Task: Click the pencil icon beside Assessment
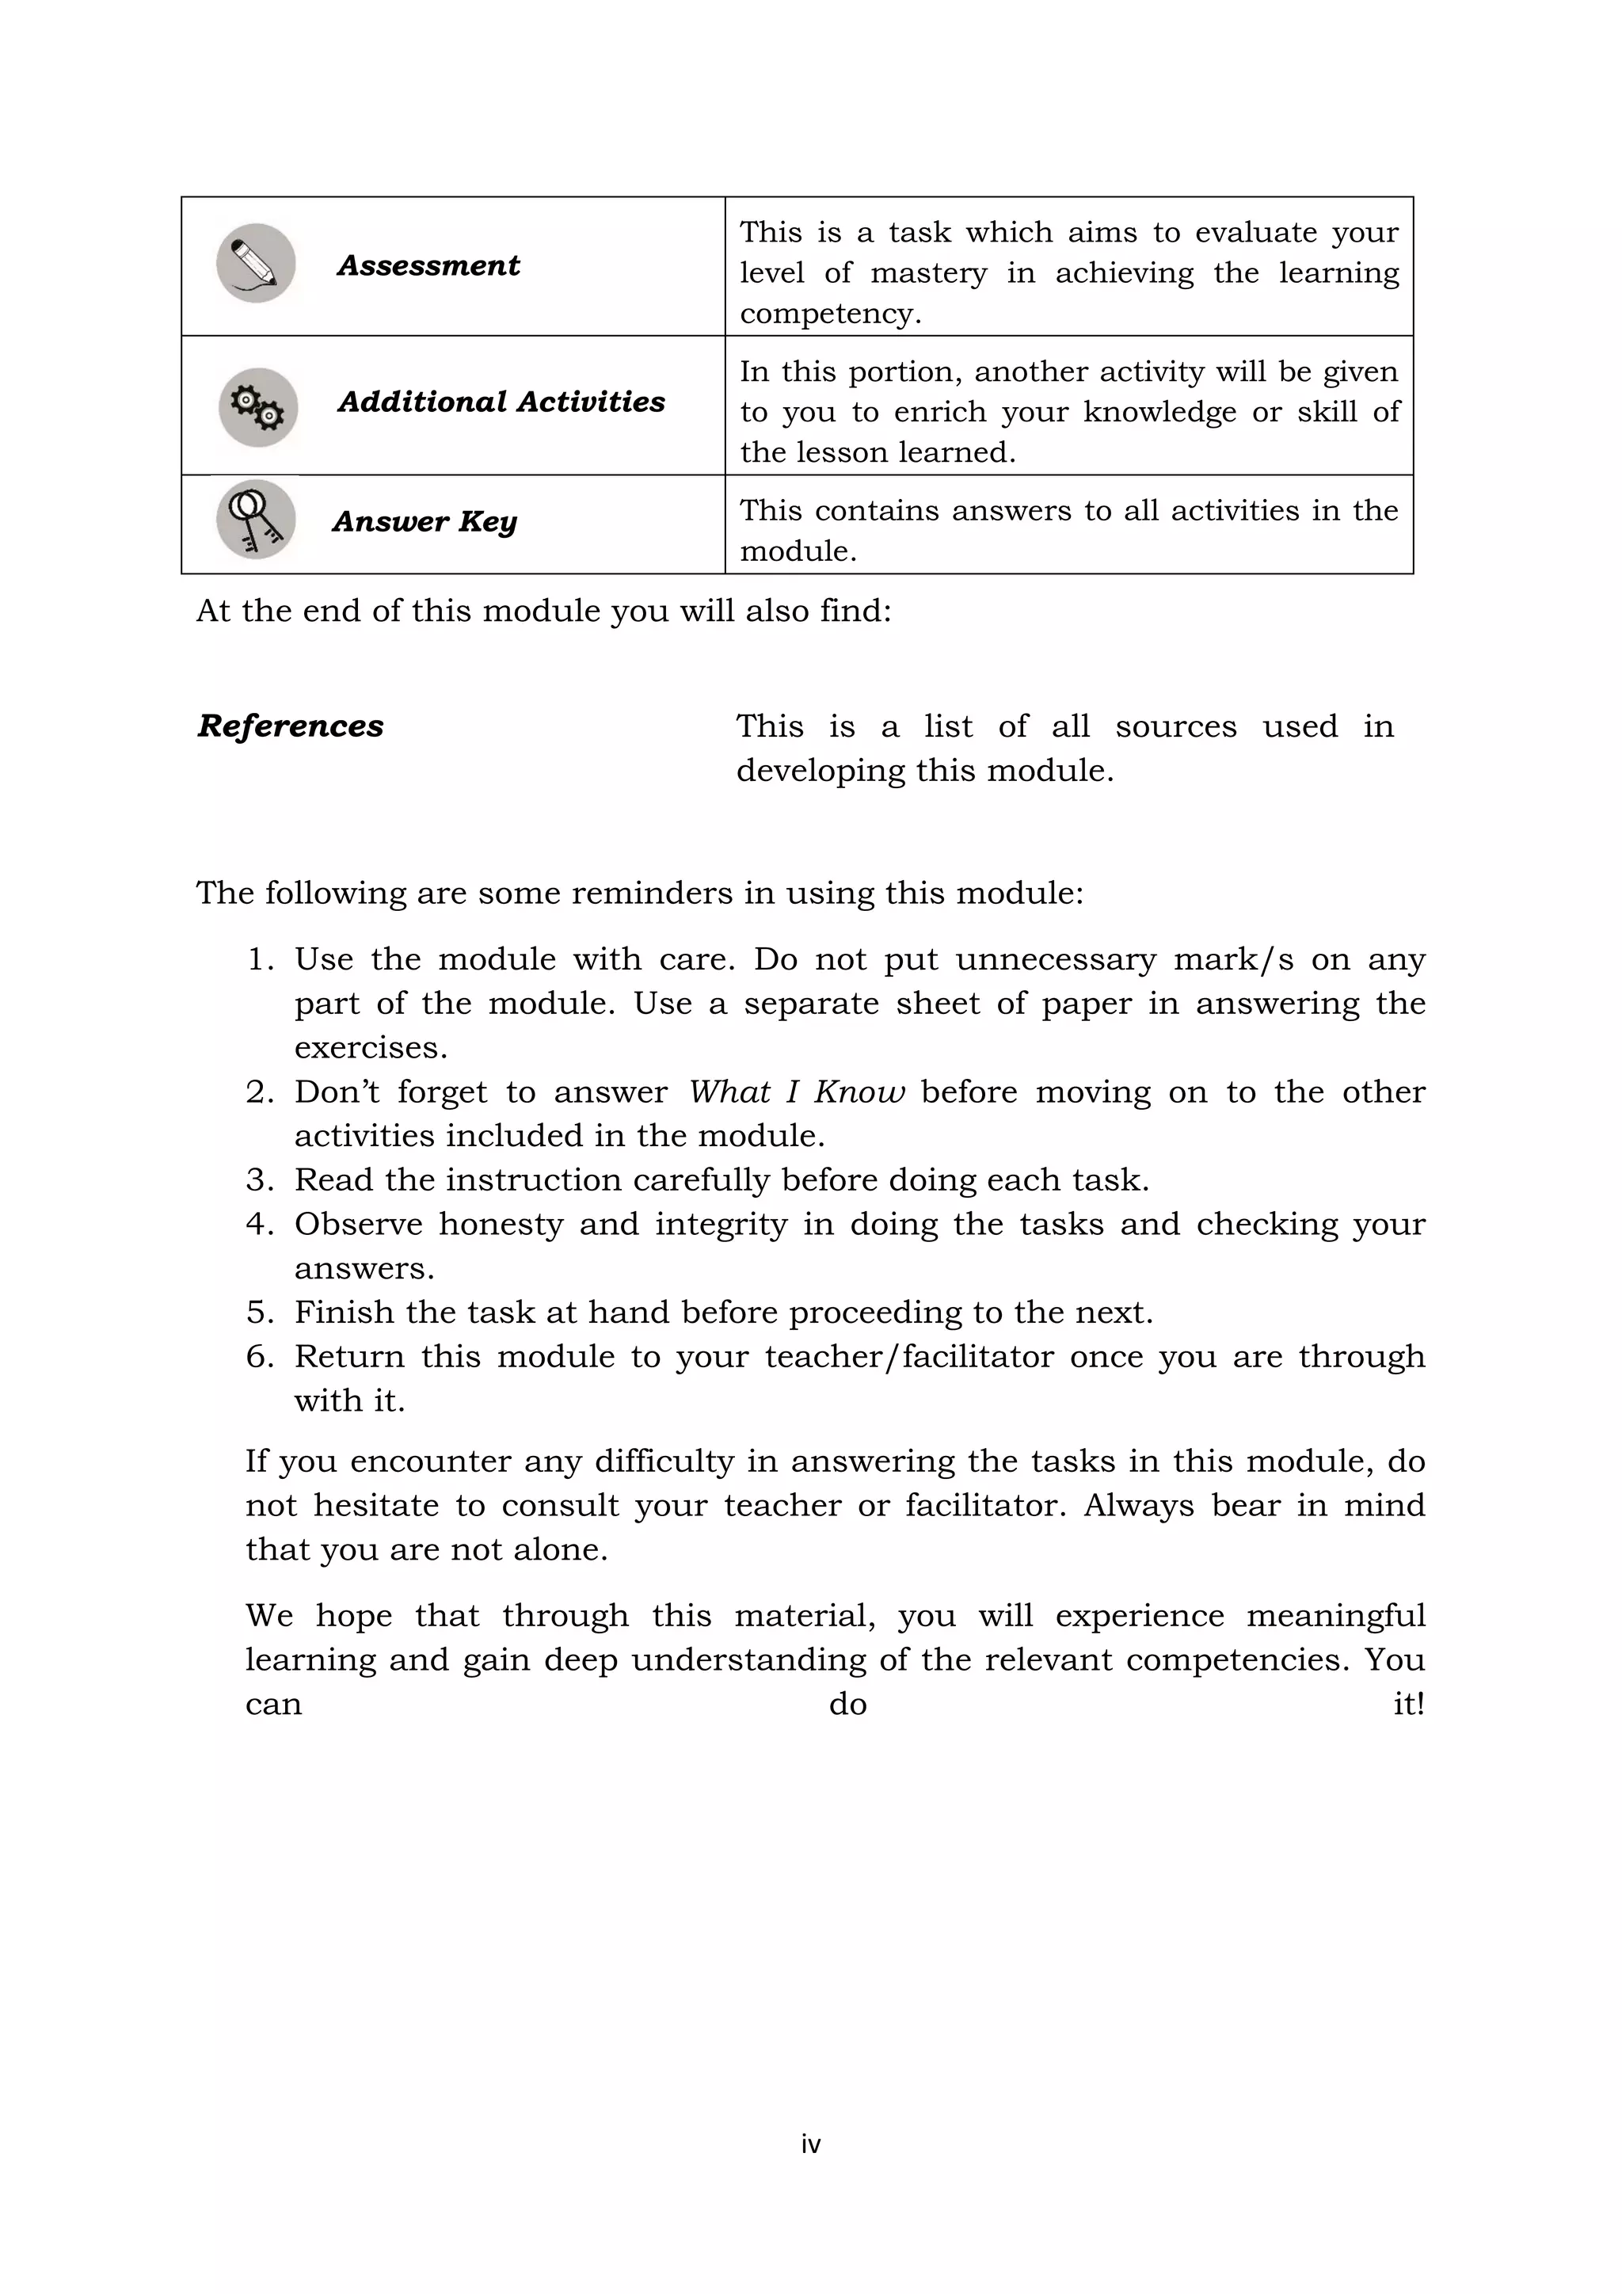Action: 256,263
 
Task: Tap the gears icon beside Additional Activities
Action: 257,406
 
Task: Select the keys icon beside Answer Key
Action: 256,520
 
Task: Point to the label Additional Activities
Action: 501,402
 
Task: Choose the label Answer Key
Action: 425,521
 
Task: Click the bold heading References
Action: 291,726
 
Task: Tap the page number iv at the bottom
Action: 810,2143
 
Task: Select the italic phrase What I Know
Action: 796,1092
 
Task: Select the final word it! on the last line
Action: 1407,1704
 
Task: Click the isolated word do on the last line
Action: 847,1704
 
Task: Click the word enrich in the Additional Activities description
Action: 938,413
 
